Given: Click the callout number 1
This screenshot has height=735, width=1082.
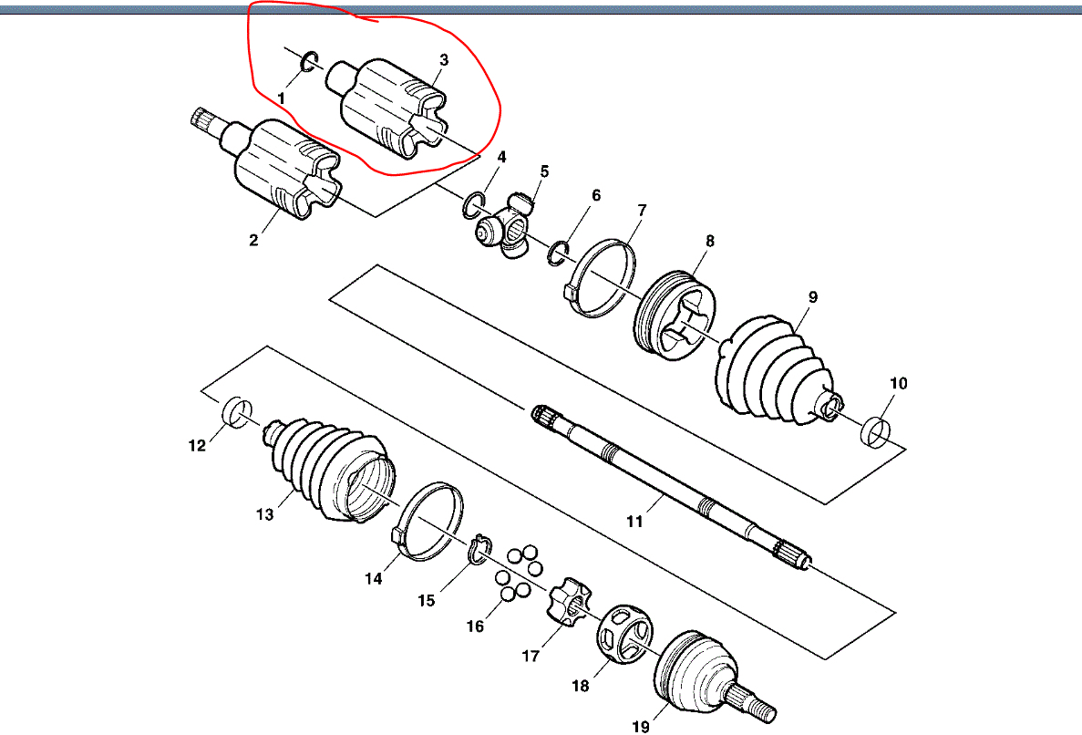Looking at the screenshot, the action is (282, 97).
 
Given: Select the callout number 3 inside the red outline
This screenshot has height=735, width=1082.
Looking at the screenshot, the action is (444, 60).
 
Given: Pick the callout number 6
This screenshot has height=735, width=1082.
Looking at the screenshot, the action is (596, 196).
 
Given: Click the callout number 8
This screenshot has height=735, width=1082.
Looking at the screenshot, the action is (709, 242).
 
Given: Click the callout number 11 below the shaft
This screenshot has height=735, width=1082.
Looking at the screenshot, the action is (634, 522).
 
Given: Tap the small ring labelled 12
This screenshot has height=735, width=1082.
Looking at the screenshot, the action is (237, 412).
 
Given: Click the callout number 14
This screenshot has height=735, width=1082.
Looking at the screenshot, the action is (374, 578).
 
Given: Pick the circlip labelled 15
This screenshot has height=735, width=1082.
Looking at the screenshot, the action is (479, 550).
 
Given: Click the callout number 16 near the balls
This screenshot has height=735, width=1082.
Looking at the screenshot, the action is (475, 626).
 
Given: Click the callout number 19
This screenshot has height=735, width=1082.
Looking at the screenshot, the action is (640, 726).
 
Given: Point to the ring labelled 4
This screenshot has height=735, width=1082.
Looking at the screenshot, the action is (472, 205).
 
